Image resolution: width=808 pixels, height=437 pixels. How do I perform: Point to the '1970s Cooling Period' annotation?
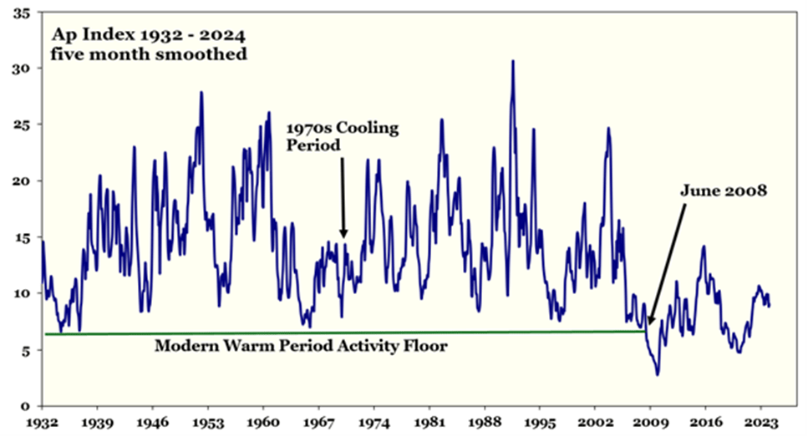pos(343,137)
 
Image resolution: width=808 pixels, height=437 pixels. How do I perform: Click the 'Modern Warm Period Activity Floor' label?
pos(301,345)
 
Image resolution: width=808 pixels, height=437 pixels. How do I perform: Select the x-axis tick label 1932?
pos(43,423)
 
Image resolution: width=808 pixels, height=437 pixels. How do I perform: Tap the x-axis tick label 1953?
pos(208,423)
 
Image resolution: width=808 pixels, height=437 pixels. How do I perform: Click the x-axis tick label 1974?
pos(374,423)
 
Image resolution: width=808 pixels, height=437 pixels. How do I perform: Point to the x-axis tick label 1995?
pos(539,423)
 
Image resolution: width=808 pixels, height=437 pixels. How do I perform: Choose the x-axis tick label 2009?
pos(649,423)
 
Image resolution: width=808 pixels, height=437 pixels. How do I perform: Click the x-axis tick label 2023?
pos(760,423)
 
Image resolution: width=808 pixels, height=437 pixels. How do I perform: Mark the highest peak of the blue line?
pos(513,61)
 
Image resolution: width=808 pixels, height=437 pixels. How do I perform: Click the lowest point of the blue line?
pos(658,374)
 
